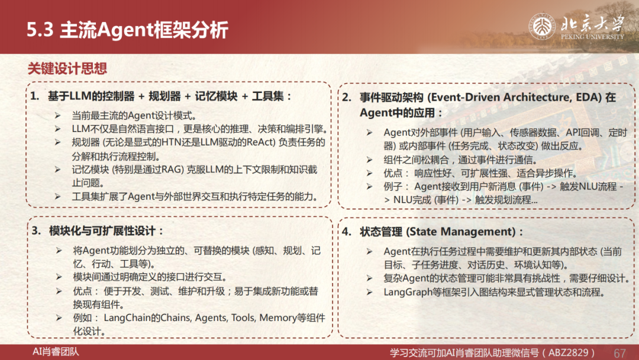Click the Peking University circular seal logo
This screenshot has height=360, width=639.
click(542, 26)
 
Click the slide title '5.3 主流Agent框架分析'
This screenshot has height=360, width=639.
click(127, 30)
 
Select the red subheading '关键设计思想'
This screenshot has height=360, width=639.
click(67, 68)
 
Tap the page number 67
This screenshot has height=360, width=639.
click(619, 353)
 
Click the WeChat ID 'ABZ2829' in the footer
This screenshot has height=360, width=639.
click(569, 353)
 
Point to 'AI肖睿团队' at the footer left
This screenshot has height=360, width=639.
click(56, 352)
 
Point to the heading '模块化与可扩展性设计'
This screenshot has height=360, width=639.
click(102, 231)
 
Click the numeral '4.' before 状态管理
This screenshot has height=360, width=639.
click(347, 232)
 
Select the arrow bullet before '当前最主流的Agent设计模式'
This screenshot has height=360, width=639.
click(58, 116)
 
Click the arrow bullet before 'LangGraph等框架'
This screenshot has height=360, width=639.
click(369, 292)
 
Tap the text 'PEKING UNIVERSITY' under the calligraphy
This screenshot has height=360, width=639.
click(592, 37)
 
